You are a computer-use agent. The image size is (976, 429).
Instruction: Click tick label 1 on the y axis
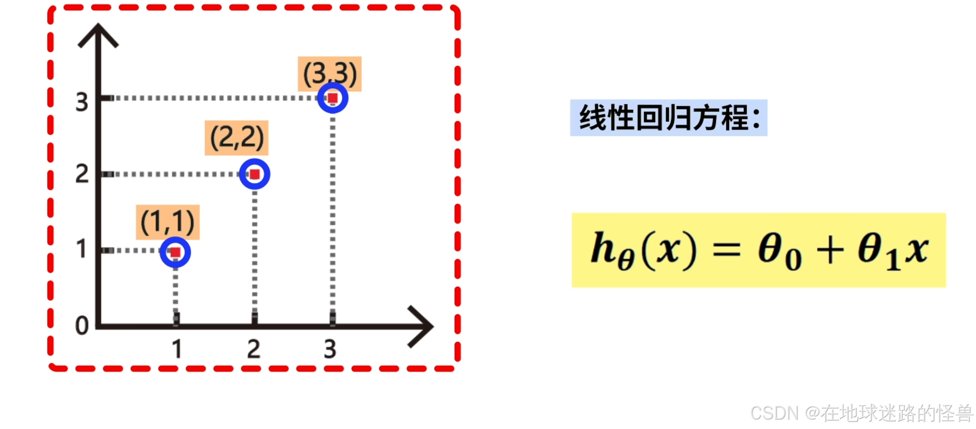pos(81,249)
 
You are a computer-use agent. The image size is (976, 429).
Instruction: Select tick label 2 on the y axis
pos(82,174)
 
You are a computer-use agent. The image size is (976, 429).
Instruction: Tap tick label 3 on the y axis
pos(82,102)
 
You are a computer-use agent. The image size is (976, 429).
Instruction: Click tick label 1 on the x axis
pos(176,349)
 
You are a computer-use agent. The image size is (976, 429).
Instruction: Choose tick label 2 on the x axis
pos(254,349)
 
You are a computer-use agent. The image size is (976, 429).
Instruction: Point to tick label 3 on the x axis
pos(330,349)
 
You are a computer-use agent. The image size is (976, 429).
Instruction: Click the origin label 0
pos(82,326)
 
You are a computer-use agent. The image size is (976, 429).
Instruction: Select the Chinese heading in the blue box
pos(669,118)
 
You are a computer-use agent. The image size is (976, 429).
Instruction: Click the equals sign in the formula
pos(727,250)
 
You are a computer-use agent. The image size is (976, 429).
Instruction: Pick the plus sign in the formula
pos(830,250)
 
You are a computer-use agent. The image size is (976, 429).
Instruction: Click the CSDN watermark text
pos(861,413)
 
